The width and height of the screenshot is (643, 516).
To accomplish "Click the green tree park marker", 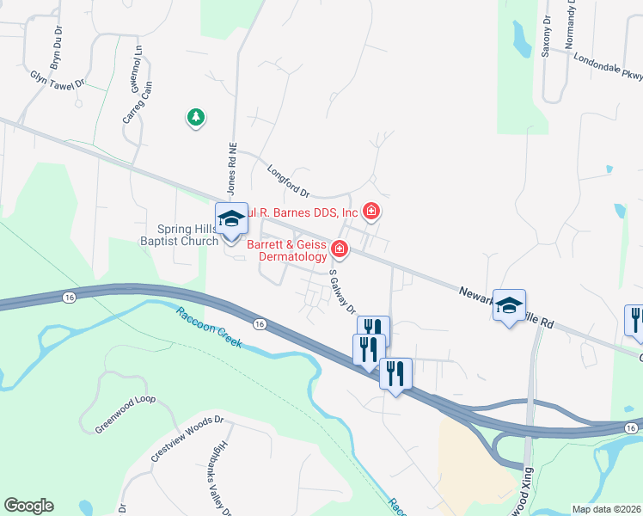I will click(x=196, y=117).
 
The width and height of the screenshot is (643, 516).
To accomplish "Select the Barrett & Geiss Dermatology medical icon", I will click(x=340, y=249).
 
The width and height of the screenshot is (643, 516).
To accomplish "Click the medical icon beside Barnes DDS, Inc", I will click(x=371, y=211).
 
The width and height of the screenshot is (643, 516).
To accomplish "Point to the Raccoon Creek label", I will click(x=210, y=328).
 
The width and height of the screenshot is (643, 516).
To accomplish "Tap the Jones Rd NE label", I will click(x=230, y=168).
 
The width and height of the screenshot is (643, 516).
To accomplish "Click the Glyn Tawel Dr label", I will click(x=58, y=79).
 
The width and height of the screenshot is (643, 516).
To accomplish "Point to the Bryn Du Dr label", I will click(x=57, y=48).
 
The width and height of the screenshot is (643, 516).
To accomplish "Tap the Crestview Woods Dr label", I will click(x=187, y=440).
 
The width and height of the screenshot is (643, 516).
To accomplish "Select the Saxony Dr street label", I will click(x=546, y=35).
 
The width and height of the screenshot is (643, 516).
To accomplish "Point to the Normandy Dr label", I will click(x=569, y=25).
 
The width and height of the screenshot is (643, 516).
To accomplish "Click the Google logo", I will click(x=28, y=506).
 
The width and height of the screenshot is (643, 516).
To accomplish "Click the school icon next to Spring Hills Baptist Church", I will click(x=231, y=219).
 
